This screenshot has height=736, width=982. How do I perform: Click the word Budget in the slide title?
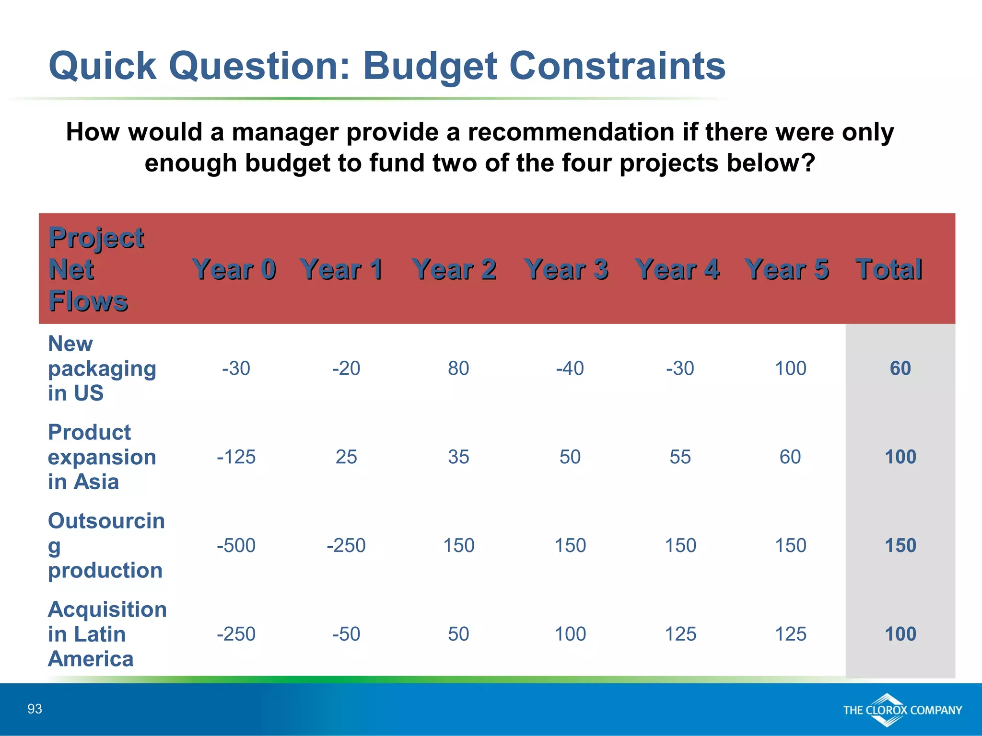(x=431, y=66)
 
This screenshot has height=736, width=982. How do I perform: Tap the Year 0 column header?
(x=234, y=269)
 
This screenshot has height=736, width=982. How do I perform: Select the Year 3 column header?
(x=566, y=269)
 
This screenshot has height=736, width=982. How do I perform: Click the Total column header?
(x=889, y=269)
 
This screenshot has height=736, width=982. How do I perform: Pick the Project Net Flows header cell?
(x=96, y=269)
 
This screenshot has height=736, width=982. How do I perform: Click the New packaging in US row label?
(x=102, y=368)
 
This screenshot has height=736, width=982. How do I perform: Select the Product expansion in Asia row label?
(x=102, y=457)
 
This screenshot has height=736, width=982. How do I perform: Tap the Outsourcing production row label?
(x=106, y=545)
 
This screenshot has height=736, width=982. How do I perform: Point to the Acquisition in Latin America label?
(x=107, y=634)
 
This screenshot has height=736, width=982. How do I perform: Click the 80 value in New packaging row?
(x=458, y=368)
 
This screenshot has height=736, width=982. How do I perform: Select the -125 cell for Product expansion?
(x=236, y=457)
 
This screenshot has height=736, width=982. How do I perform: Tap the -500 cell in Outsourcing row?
(x=236, y=546)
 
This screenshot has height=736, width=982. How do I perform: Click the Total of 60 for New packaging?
(x=900, y=368)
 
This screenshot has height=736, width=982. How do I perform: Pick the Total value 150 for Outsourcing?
(x=900, y=546)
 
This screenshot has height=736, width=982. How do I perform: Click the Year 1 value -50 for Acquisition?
(x=346, y=634)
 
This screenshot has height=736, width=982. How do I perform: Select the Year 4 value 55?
(x=680, y=457)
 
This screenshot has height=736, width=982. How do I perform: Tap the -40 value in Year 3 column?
(x=570, y=368)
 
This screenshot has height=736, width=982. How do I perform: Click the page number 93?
(x=35, y=709)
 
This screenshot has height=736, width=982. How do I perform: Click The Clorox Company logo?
(x=902, y=710)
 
